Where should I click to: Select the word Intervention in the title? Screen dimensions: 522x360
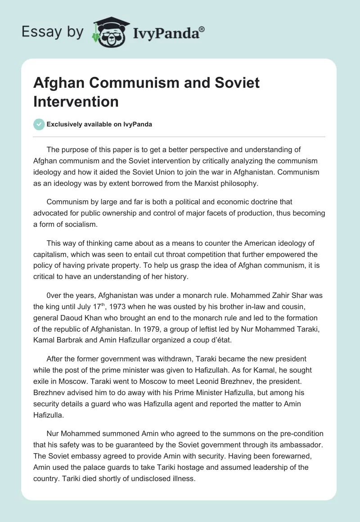76,101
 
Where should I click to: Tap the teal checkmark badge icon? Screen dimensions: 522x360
39,124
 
